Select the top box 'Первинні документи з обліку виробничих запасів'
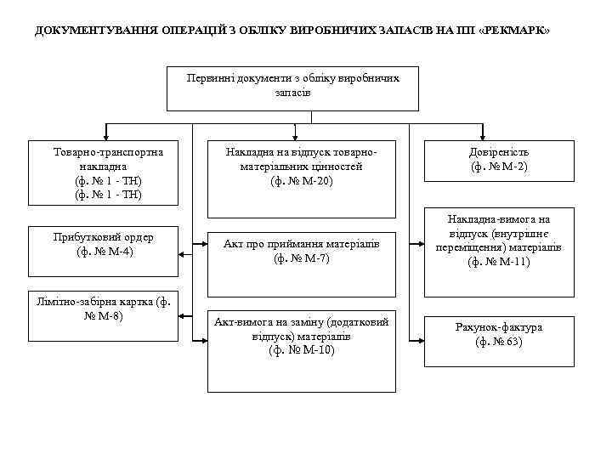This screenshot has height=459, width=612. point(292,88)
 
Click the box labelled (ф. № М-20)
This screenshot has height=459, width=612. point(301,178)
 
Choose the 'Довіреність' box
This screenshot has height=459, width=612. point(498,161)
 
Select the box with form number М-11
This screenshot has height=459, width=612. point(498,242)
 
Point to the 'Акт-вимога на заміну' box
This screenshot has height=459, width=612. point(301,351)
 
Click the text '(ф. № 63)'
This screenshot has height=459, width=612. point(498,343)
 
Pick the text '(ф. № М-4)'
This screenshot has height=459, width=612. point(103,252)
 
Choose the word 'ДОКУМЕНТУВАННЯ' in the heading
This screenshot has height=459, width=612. point(82,31)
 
